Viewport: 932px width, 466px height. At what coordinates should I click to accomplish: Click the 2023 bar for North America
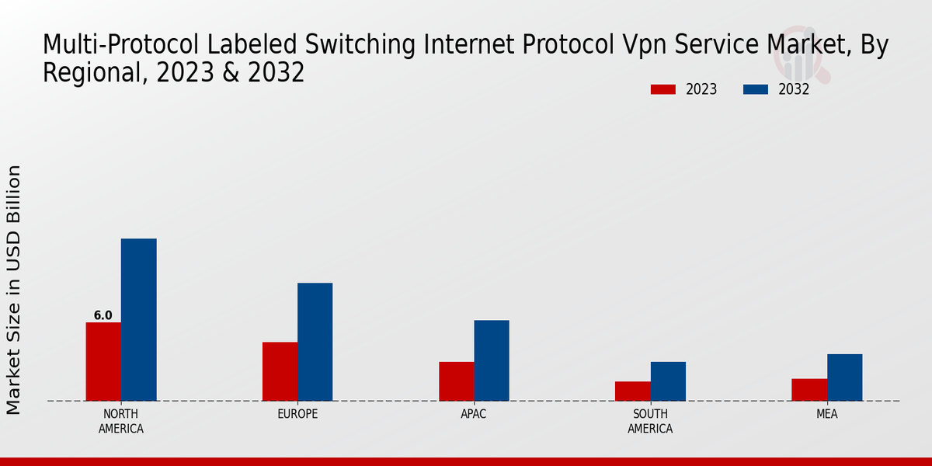103,361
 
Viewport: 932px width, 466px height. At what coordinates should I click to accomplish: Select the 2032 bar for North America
138,319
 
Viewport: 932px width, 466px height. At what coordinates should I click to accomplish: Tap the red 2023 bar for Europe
280,371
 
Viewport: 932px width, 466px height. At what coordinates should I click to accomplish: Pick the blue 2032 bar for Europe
315,342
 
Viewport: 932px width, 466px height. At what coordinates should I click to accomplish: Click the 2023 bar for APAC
456,381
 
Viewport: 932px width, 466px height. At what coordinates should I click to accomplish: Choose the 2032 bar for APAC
492,360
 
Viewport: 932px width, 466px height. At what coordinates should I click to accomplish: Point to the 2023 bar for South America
632,391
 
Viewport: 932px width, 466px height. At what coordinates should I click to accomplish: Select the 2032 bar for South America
668,381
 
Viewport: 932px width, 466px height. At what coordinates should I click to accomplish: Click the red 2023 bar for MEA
809,389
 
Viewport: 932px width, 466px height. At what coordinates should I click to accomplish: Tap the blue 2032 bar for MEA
844,377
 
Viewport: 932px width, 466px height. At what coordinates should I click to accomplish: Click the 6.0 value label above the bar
103,315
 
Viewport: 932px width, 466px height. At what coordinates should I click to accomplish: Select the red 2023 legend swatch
662,89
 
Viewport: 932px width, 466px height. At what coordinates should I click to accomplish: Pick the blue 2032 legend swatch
755,89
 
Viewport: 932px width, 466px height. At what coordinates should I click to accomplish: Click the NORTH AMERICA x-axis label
120,421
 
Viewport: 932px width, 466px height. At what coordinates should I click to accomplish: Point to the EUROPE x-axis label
297,414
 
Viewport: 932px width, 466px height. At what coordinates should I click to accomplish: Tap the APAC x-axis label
473,414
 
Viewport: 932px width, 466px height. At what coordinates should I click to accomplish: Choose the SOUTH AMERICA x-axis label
650,421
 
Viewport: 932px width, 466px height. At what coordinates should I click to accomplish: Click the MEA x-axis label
826,414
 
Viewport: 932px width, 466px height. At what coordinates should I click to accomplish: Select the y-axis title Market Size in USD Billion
14,289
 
